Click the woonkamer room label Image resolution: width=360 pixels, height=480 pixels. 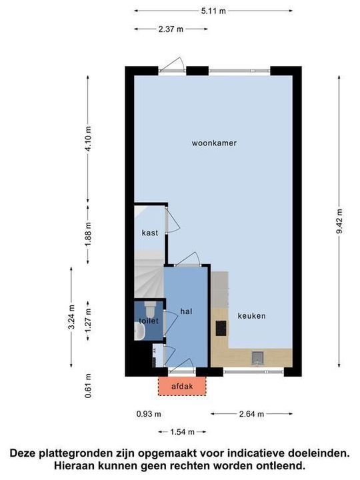pos(215,143)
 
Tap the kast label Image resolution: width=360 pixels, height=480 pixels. pos(149,233)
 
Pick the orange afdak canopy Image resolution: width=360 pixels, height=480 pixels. pos(182,385)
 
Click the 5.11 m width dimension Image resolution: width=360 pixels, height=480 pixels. pos(213,11)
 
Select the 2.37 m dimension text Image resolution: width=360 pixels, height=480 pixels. pos(170,29)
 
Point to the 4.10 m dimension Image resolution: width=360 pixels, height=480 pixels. pos(88,139)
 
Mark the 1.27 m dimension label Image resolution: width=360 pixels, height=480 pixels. pos(88,323)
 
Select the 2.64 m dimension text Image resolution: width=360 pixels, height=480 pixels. pos(251,414)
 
